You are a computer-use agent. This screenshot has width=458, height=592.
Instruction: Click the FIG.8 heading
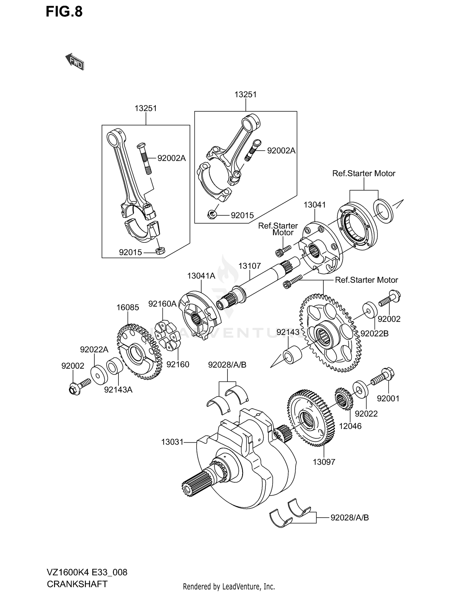coord(64,12)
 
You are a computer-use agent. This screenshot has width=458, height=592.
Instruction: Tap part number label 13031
coord(172,442)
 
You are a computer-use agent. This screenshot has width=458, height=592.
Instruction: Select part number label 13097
coord(324,462)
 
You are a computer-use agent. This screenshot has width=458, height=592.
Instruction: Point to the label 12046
coord(350,426)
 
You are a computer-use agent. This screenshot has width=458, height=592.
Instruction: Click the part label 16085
coord(128,307)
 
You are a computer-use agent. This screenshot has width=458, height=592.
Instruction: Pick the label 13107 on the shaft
coord(249,266)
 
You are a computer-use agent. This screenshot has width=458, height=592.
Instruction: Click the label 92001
coord(388,398)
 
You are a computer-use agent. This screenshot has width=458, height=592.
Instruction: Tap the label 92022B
coord(374,334)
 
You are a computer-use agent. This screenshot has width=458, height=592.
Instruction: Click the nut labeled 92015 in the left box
coord(160,251)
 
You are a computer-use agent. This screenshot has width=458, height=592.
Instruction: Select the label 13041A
coord(201,276)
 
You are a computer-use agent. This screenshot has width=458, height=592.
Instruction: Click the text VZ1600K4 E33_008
coord(87,572)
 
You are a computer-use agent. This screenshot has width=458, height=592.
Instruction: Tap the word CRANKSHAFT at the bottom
coord(77,584)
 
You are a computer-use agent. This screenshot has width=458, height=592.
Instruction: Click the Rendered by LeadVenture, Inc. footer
coord(229,586)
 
